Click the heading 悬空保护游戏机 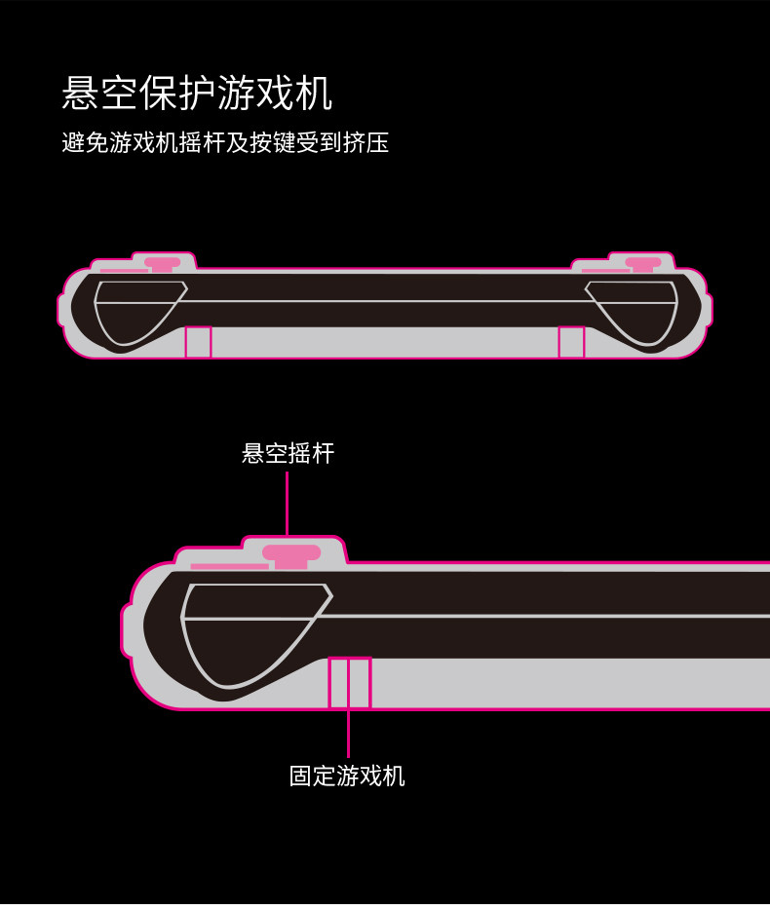(197, 95)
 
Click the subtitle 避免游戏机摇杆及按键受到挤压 (225, 143)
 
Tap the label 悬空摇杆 (288, 453)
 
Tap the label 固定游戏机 (347, 776)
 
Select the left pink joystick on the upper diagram (162, 263)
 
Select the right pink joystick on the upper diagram (643, 263)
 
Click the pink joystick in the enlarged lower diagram (290, 554)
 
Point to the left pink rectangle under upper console (198, 342)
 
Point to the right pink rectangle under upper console (571, 342)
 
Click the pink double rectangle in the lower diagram (349, 682)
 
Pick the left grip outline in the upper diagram (136, 310)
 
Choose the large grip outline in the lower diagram (249, 633)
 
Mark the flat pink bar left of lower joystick (229, 565)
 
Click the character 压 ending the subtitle (377, 143)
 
